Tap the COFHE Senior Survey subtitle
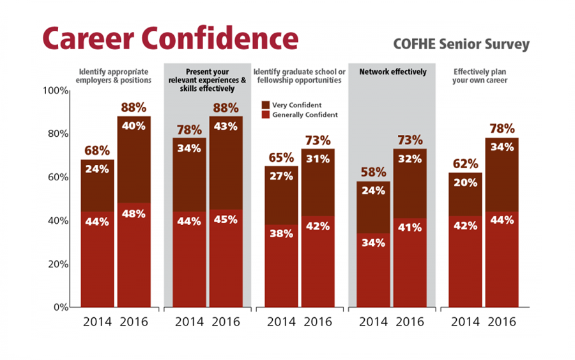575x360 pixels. pos(461,44)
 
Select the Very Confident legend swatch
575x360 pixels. pos(265,104)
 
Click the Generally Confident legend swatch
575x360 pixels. pos(265,114)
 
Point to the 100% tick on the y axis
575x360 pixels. pos(55,91)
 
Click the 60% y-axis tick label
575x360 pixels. pos(56,177)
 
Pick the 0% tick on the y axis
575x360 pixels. pos(59,307)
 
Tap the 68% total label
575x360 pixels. pos(97,151)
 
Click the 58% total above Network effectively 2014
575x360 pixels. pos(373,173)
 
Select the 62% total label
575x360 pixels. pos(465,164)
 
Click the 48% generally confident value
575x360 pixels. pos(134,214)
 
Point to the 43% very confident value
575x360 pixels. pos(226,126)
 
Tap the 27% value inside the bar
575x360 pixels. pos(281,176)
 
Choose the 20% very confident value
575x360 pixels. pos(465,182)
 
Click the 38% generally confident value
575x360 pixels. pos(281,233)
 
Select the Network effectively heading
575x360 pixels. pos(393,72)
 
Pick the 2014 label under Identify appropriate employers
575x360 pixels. pos(98,322)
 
